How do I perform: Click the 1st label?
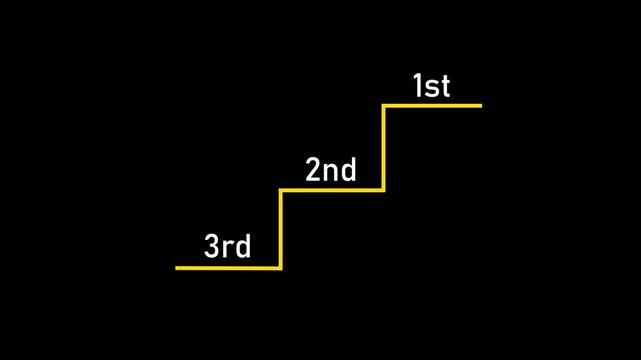tap(431, 87)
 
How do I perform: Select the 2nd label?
tap(331, 171)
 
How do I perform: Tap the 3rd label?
tap(228, 247)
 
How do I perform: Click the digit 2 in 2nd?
tap(313, 171)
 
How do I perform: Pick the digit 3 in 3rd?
tap(212, 247)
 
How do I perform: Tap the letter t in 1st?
tap(445, 88)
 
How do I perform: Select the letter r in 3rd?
tap(229, 249)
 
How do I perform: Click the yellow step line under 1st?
tap(432, 105)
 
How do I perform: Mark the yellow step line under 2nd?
tap(332, 190)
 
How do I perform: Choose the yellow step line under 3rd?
tap(228, 268)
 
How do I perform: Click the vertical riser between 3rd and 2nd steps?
tap(281, 229)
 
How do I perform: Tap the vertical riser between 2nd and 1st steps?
tap(384, 148)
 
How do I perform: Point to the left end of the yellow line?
tap(177, 268)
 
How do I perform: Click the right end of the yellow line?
tap(481, 105)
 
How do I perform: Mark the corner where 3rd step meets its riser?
tap(281, 268)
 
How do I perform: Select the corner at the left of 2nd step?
tap(281, 190)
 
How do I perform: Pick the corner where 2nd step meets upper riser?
tap(384, 190)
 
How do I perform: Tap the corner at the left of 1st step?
tap(384, 105)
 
